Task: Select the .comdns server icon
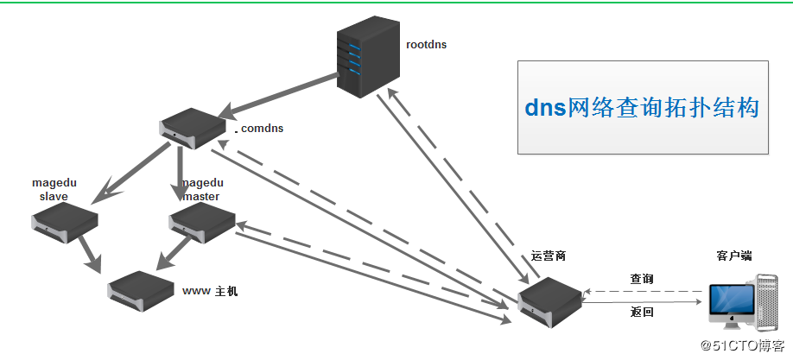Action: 191,127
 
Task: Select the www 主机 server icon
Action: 141,287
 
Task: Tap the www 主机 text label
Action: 210,292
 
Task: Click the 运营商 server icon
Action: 549,301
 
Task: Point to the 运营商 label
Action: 549,257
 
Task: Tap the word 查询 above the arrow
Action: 641,279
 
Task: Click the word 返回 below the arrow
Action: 641,313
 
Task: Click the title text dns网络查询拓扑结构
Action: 642,108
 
